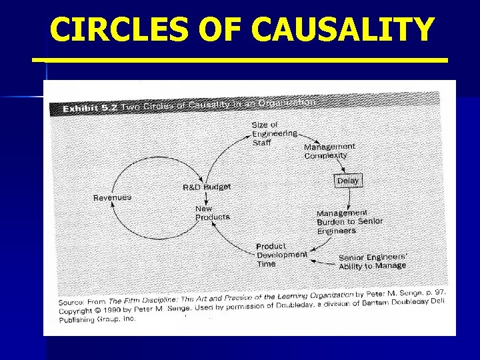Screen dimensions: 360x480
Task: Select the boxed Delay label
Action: click(347, 181)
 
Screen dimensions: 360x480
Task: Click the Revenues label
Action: click(112, 197)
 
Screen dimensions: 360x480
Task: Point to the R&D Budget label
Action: click(207, 187)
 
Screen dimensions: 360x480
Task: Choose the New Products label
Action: click(212, 213)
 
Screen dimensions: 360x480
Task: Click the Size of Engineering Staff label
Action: click(273, 133)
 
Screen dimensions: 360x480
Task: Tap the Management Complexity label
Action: click(329, 151)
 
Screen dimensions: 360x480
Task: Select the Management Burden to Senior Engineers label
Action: click(349, 222)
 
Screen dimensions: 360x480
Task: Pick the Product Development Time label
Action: click(281, 255)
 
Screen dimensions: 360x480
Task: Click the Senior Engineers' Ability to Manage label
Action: click(372, 261)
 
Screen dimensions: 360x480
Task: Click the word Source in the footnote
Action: click(73, 302)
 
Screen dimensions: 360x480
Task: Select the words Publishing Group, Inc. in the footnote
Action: click(97, 319)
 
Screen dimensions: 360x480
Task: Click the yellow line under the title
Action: click(240, 60)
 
